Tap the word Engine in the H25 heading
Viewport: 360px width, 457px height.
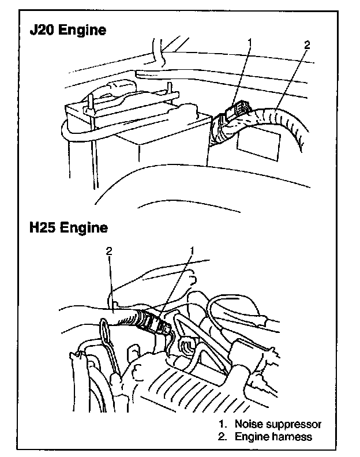pyautogui.click(x=86, y=228)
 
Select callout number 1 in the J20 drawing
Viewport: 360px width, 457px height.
pyautogui.click(x=250, y=42)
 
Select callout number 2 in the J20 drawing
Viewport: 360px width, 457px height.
pyautogui.click(x=306, y=44)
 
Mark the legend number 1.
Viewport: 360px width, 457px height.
pyautogui.click(x=222, y=425)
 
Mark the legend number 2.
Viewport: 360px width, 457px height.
pyautogui.click(x=222, y=437)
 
